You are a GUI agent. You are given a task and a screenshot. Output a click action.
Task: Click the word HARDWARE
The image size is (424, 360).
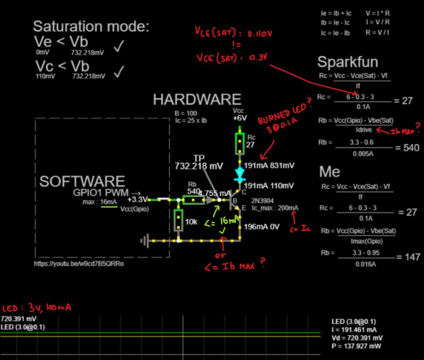pos(197,99)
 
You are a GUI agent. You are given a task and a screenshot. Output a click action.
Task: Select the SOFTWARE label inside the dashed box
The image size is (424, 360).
pos(82,181)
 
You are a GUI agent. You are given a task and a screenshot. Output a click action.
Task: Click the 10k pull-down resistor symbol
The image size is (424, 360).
pos(179,217)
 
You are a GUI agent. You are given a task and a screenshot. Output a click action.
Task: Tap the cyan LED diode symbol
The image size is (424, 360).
pos(239,173)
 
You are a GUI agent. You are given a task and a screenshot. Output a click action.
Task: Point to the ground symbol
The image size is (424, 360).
pos(145,241)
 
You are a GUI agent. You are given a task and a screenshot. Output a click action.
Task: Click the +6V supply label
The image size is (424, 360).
pos(239,118)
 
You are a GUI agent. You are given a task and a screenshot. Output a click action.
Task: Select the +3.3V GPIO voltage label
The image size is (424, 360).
pos(137,199)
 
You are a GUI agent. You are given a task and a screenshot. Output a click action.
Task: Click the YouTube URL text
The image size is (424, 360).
pos(79,263)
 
